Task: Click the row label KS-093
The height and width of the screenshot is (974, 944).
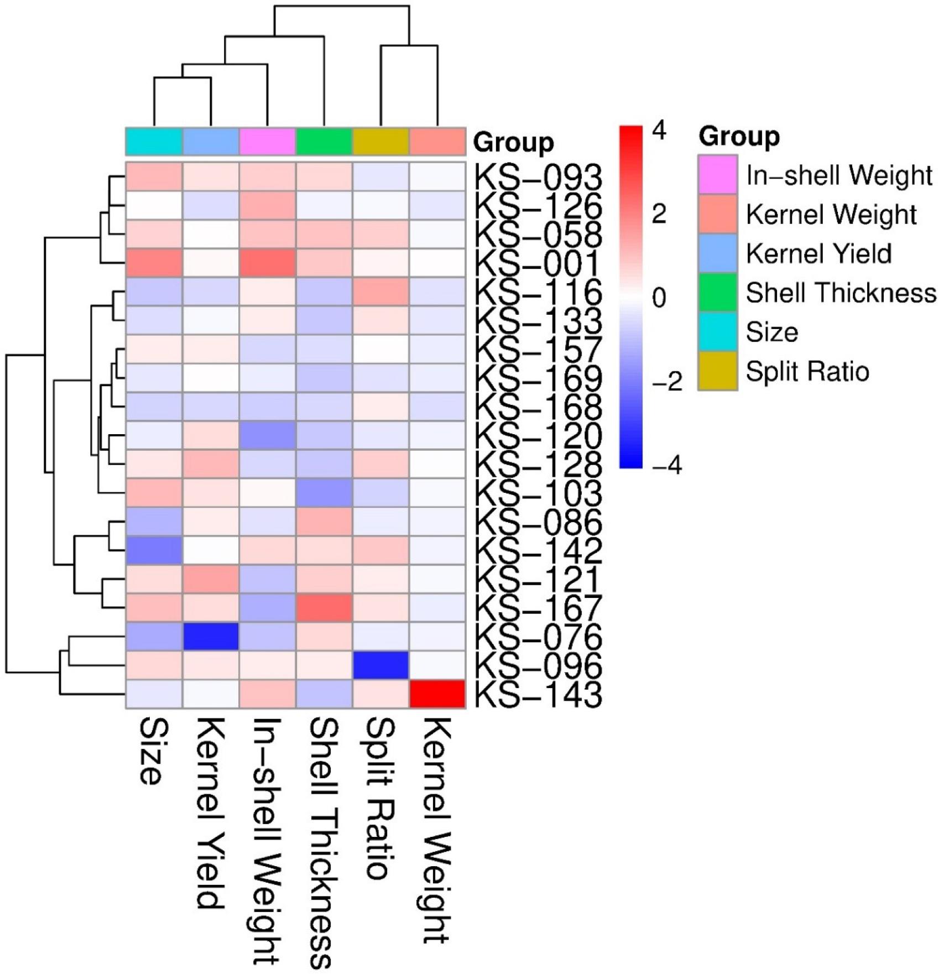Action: coord(538,178)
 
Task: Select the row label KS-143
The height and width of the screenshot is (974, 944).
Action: coord(538,695)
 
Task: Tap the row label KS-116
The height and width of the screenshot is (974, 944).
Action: coord(538,293)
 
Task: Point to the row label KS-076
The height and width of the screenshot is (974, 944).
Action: coord(538,637)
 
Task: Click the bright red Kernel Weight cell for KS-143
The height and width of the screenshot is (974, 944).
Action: coord(437,694)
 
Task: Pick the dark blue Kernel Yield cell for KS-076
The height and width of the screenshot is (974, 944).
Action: coord(211,637)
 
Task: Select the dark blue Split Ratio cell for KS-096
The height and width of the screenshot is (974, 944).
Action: coord(380,665)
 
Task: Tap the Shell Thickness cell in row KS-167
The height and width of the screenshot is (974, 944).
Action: coord(324,608)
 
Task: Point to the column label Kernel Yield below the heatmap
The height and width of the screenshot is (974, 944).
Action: coord(210,813)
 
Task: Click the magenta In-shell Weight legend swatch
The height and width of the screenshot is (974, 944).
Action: coord(717,175)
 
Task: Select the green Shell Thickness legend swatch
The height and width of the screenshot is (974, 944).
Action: coord(717,293)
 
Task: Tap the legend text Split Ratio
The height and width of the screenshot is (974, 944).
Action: coord(807,372)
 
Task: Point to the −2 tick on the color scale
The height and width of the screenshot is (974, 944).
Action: coord(667,382)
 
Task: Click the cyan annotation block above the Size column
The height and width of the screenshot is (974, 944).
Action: coord(154,142)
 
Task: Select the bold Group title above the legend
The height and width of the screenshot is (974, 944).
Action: coord(739,136)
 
